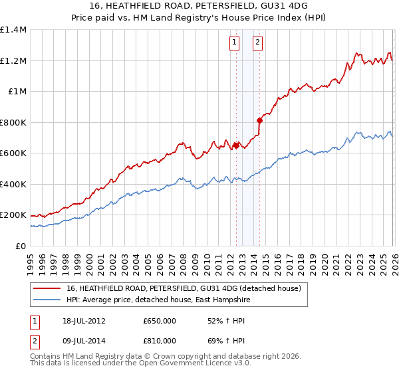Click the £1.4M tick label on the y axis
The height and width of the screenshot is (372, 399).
coord(13,30)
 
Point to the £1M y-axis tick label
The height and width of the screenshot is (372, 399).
coord(17,92)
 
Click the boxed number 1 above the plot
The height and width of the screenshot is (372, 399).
coord(235,43)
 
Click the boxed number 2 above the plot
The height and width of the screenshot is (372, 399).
coord(257,43)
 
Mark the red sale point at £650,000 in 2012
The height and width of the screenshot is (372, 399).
coord(235,145)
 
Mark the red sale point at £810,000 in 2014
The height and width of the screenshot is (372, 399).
coord(259,120)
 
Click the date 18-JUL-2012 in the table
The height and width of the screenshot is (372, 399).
coord(80,320)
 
